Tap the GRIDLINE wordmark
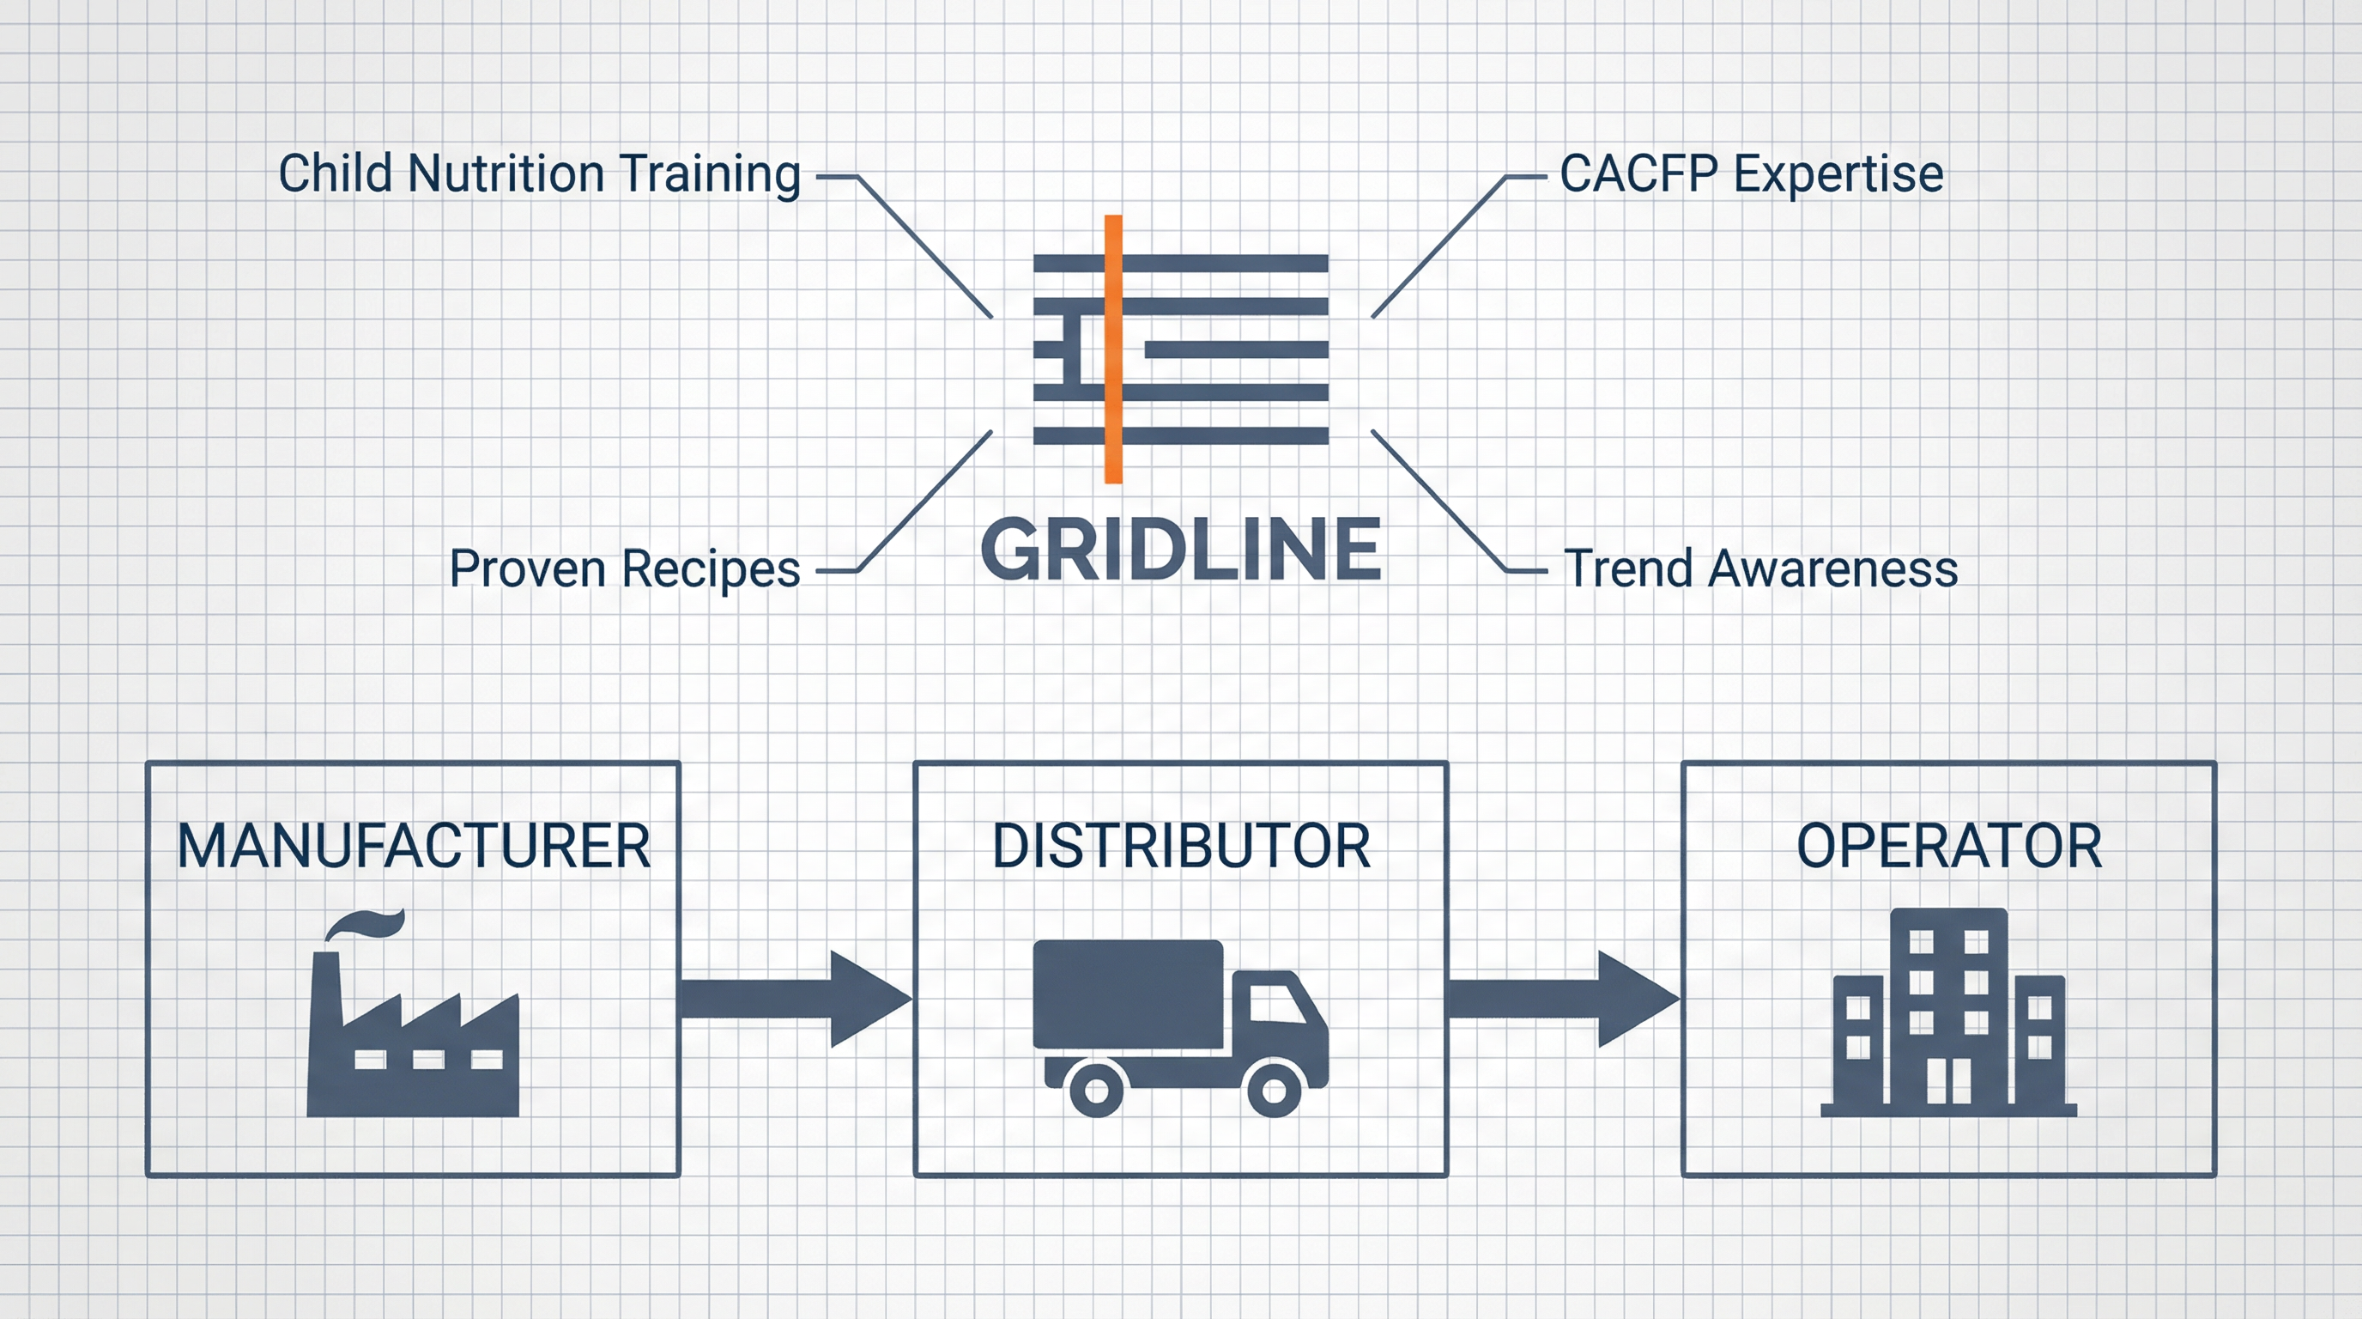[x=1181, y=550]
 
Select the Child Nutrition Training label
[x=539, y=174]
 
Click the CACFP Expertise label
[x=1751, y=174]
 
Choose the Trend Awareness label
[x=1760, y=568]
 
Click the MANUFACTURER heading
[x=414, y=846]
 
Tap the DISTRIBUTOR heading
[x=1181, y=846]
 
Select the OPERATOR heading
[x=1948, y=846]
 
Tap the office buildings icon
[x=1948, y=1018]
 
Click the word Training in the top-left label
[x=710, y=174]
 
